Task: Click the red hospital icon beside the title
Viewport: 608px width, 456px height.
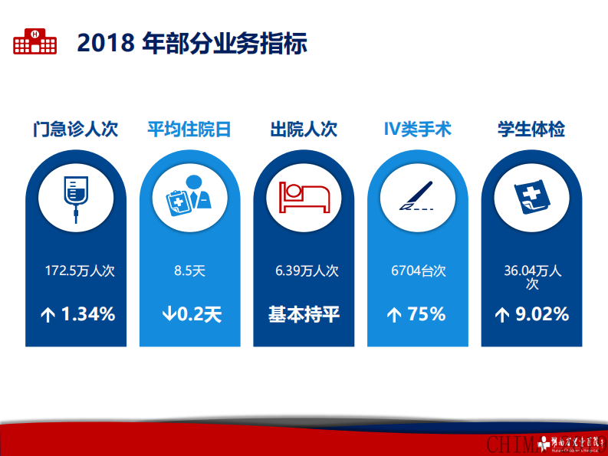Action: [35, 42]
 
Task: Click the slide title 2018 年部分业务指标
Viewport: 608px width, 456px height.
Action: [192, 44]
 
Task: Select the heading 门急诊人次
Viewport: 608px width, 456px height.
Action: [75, 130]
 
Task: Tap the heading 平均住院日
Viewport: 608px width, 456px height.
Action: [189, 130]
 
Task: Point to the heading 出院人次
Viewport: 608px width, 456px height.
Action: [304, 130]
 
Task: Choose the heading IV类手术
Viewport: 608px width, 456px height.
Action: [418, 130]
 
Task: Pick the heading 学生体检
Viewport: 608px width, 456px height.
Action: [531, 130]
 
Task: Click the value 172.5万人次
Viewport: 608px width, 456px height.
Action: [80, 271]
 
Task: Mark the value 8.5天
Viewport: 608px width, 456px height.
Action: [190, 271]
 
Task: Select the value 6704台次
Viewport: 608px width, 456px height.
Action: [419, 271]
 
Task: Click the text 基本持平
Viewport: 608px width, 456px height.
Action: [304, 314]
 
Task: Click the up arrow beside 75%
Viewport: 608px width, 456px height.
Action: [394, 315]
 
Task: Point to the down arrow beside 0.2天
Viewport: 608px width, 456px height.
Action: [169, 314]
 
